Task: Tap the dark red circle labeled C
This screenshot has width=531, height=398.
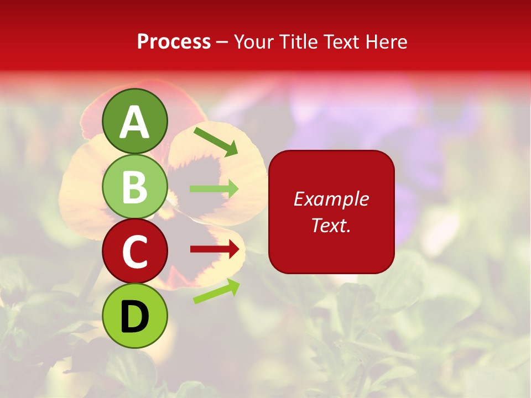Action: tap(135, 252)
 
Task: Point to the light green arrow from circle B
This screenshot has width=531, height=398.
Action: tap(214, 188)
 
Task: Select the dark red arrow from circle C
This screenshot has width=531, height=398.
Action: tap(215, 249)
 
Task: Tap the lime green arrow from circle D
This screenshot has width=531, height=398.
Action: tap(216, 291)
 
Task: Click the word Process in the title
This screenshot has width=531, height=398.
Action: tap(174, 41)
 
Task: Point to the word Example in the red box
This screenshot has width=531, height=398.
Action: tap(331, 199)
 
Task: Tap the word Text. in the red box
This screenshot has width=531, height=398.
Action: tap(331, 225)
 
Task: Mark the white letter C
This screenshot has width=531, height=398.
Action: tap(135, 252)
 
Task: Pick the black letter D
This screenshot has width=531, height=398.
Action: tap(135, 316)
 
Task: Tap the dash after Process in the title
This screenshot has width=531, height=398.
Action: tap(222, 42)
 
